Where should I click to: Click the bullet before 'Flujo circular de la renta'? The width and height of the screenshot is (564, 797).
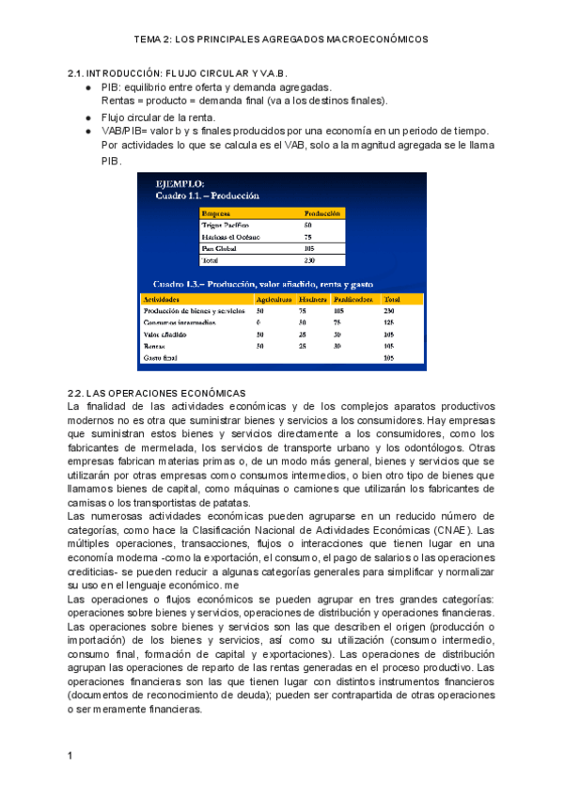click(x=87, y=117)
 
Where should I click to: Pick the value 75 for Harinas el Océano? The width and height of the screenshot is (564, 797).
click(x=308, y=237)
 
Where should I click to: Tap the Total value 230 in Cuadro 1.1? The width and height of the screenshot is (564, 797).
click(x=310, y=260)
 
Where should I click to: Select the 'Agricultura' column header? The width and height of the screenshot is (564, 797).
click(x=274, y=298)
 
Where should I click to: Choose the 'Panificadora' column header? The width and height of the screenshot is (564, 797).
click(x=353, y=298)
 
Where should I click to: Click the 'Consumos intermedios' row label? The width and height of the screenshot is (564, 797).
click(x=180, y=322)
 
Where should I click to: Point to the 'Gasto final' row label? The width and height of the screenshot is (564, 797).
click(x=161, y=358)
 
